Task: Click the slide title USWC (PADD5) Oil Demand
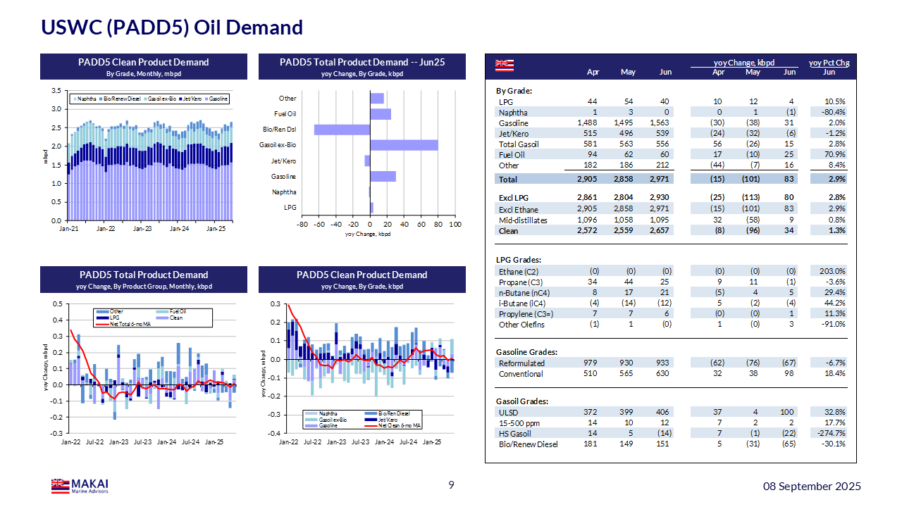[172, 27]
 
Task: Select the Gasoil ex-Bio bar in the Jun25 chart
[404, 145]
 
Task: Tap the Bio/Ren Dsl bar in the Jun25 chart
[342, 130]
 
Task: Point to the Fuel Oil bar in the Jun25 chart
[381, 114]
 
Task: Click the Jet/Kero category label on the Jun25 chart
[284, 161]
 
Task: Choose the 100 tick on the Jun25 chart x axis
[455, 224]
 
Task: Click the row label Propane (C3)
[520, 282]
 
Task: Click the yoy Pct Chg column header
[829, 63]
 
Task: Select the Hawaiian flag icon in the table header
[505, 65]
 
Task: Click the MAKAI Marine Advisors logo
[80, 486]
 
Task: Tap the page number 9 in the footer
[452, 485]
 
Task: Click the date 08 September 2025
[813, 486]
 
